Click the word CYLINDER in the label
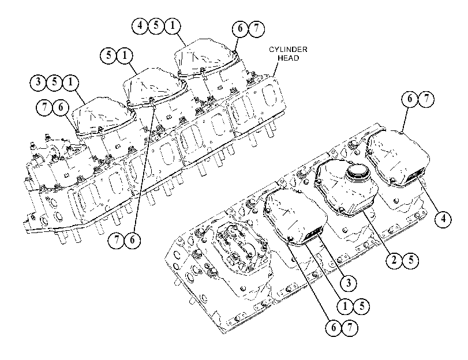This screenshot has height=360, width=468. click(288, 50)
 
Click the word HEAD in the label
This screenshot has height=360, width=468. click(288, 58)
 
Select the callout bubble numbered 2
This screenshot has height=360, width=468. click(394, 260)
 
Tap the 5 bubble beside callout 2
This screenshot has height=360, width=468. click(411, 260)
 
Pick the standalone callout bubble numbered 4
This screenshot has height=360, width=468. click(443, 219)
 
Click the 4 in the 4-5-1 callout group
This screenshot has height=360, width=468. click(140, 25)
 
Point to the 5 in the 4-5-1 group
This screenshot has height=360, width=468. click(156, 25)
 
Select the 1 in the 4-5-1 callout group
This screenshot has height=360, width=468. click(173, 25)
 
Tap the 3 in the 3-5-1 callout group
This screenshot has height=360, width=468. click(38, 82)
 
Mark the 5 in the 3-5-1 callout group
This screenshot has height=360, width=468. click(54, 82)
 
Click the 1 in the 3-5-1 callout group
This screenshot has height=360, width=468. click(70, 82)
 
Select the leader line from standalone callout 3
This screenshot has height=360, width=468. click(330, 254)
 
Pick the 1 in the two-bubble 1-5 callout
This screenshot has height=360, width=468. click(345, 306)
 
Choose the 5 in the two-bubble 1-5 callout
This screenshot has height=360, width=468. click(362, 306)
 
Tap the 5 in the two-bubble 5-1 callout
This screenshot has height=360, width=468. click(108, 55)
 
